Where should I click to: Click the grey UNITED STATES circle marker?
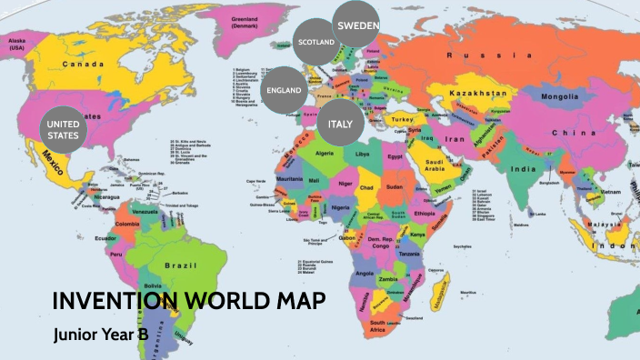(64, 130)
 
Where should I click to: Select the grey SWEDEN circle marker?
(357, 25)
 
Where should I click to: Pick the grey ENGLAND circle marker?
(284, 91)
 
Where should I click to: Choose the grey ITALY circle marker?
(340, 123)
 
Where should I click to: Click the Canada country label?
(82, 64)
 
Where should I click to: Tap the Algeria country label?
(324, 154)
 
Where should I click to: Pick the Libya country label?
(363, 155)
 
